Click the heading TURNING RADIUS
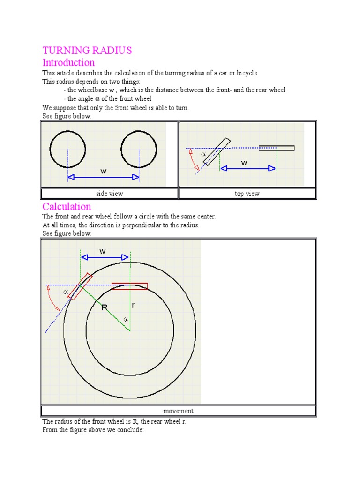click(87, 50)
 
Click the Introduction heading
click(68, 62)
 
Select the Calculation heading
click(67, 206)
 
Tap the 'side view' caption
click(109, 194)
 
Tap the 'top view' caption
click(247, 194)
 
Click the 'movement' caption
click(178, 411)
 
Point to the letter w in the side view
click(104, 171)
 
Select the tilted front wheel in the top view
click(217, 151)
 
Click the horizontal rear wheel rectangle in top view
click(277, 148)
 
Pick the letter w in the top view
click(244, 163)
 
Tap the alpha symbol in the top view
click(203, 154)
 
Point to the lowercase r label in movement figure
click(133, 305)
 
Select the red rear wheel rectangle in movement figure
click(130, 286)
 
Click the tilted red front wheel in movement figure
click(79, 285)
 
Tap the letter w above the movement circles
click(103, 252)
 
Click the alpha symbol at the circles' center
click(125, 319)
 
